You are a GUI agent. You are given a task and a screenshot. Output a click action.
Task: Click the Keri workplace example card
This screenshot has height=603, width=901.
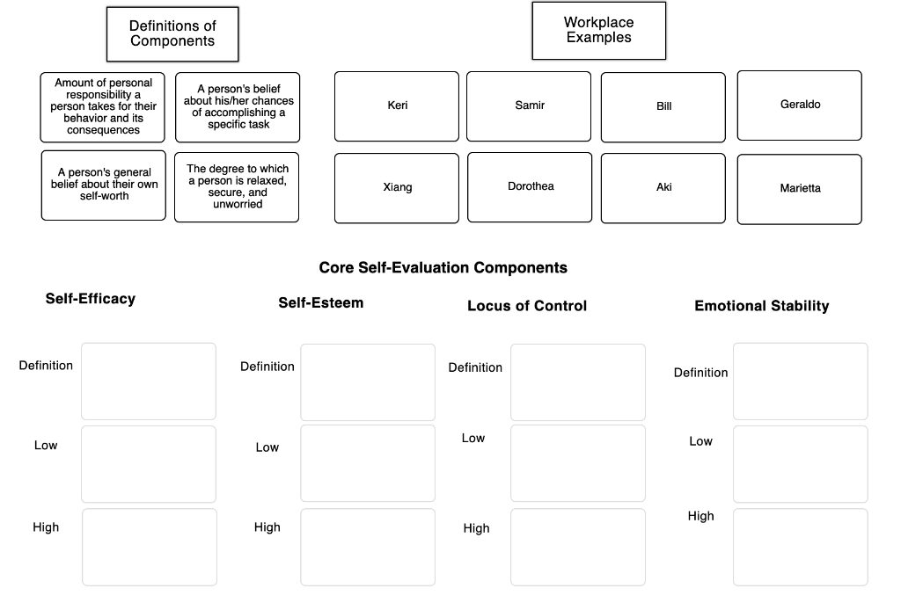[397, 106]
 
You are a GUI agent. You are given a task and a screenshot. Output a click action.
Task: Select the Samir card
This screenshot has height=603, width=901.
[529, 106]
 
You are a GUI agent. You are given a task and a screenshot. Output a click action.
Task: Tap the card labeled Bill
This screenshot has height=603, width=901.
[663, 107]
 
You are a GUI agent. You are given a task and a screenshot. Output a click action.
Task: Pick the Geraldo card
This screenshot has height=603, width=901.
[799, 105]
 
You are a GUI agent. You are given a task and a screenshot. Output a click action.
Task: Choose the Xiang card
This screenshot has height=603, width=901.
[397, 188]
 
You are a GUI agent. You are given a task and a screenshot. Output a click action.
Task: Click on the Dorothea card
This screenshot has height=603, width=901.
[530, 187]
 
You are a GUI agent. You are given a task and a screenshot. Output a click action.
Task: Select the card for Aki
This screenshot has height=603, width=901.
[663, 188]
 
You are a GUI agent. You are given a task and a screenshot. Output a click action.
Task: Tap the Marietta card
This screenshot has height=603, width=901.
[799, 189]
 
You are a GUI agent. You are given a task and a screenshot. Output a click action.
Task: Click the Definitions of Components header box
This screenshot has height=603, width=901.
[172, 34]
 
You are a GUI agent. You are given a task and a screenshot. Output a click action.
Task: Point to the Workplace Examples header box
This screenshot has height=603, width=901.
[598, 31]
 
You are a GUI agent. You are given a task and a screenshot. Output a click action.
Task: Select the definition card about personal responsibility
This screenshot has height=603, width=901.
[102, 107]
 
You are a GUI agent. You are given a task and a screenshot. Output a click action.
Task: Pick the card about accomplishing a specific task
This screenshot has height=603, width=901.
[238, 107]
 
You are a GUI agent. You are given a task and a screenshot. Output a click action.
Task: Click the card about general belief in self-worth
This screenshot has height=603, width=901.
[103, 185]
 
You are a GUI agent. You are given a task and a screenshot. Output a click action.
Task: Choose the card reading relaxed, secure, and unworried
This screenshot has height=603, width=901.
[237, 186]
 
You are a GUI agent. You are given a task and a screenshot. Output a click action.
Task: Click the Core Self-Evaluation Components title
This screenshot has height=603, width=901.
[443, 267]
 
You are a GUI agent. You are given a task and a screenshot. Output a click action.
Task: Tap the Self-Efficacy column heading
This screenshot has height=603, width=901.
[91, 299]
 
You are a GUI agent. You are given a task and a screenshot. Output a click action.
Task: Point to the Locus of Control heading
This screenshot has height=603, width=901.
[526, 306]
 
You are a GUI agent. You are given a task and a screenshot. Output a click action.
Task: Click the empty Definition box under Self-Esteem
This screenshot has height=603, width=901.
[368, 382]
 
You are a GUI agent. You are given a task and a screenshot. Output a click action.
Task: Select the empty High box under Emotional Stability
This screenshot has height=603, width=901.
[800, 547]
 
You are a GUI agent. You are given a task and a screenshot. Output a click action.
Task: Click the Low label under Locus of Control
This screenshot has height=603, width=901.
[473, 438]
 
